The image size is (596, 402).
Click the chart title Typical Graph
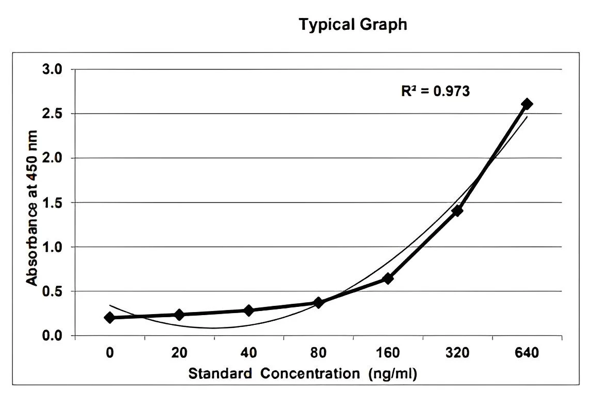click(x=353, y=24)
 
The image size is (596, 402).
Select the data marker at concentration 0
click(x=110, y=318)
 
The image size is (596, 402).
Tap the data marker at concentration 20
click(x=179, y=315)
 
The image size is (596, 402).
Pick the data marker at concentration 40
click(x=249, y=310)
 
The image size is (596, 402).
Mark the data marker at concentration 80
click(x=318, y=302)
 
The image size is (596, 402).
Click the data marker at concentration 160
click(x=388, y=279)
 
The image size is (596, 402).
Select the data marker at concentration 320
click(x=457, y=211)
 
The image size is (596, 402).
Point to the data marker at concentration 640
click(x=527, y=104)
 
